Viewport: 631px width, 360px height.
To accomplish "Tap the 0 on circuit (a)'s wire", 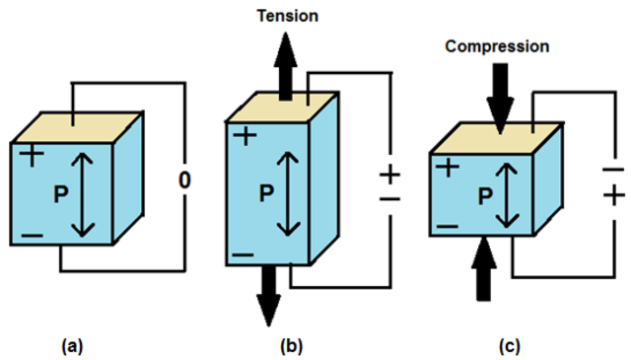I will point(183,180).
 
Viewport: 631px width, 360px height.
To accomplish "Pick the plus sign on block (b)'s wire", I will point(390,175).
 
